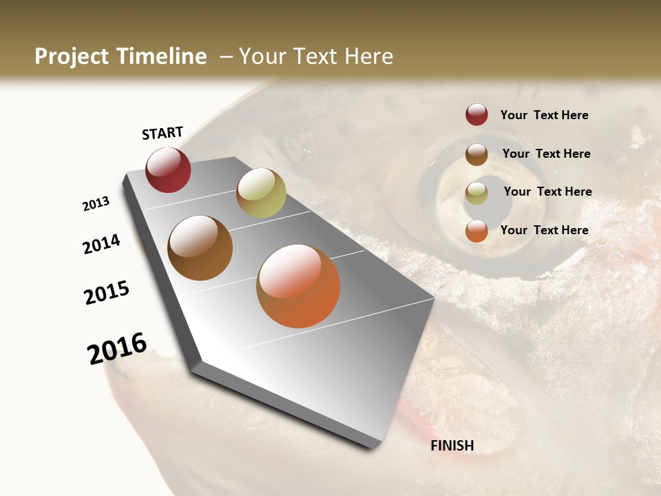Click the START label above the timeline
162,133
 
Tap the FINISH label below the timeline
452,446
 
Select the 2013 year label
96,204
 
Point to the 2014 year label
101,245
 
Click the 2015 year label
107,293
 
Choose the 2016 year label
117,349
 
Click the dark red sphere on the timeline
168,170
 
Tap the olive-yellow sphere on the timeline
261,193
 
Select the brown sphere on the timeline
200,248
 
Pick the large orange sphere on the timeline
298,286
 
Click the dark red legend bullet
476,114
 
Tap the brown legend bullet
476,154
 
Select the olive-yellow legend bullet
476,193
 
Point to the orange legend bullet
476,231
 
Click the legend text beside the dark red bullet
544,115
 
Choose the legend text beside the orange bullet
544,230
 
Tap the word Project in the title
71,56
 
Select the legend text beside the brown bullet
546,154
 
